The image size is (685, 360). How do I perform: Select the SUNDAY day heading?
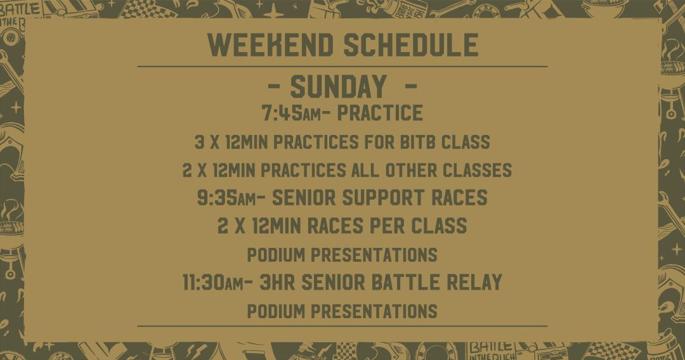[339, 86]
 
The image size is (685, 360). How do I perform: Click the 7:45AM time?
[291, 113]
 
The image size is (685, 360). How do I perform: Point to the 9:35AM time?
[226, 197]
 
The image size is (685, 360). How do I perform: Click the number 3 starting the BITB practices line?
[199, 142]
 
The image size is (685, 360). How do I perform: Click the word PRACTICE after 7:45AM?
[380, 113]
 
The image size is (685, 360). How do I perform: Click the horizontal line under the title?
[342, 67]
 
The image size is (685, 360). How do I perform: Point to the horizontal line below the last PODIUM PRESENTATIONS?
[342, 326]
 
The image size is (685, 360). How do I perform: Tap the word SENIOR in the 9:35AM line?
[303, 197]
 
